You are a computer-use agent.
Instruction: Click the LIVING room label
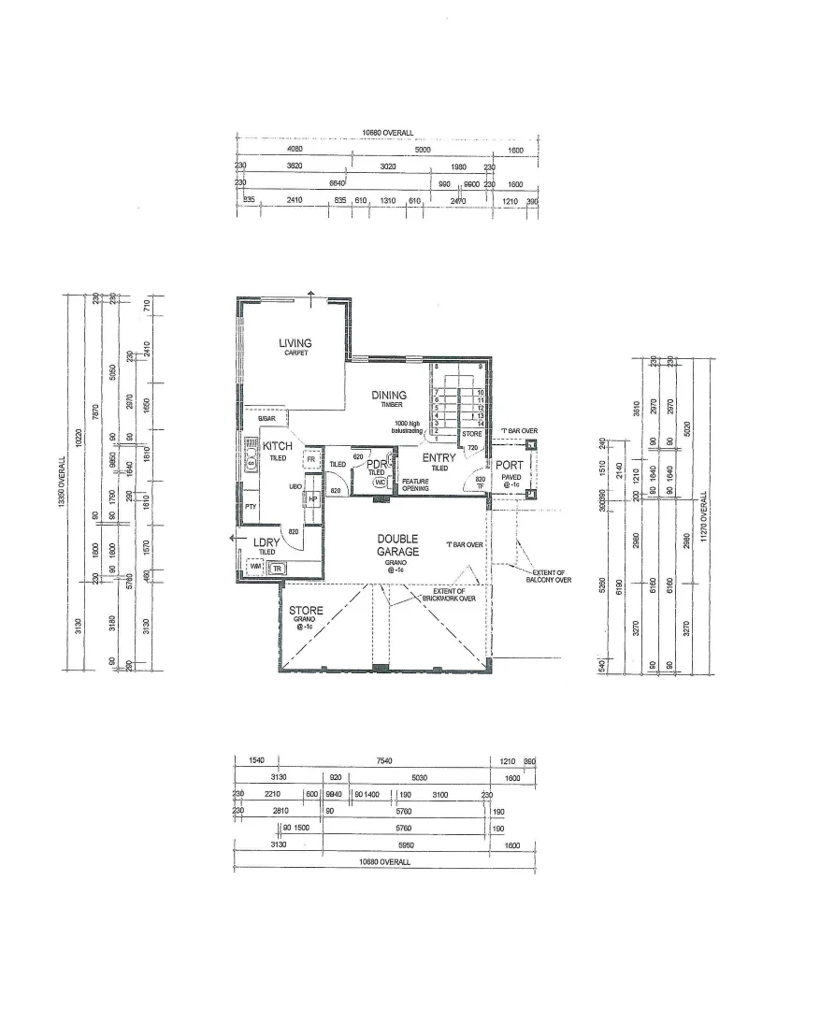[295, 344]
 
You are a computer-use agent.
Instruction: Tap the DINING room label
[389, 396]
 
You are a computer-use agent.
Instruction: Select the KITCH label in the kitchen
[277, 447]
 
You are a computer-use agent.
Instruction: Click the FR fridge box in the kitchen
[309, 460]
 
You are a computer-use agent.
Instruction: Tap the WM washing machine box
[254, 567]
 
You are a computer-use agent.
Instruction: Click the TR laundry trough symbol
[278, 568]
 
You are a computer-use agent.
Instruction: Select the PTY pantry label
[251, 507]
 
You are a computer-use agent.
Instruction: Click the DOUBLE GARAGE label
[397, 545]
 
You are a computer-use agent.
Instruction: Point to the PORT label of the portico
[510, 466]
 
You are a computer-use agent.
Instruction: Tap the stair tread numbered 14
[479, 425]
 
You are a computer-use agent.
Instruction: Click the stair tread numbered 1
[437, 439]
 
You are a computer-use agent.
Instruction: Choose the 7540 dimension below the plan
[383, 762]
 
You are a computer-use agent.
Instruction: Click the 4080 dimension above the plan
[295, 150]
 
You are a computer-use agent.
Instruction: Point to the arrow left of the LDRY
[232, 538]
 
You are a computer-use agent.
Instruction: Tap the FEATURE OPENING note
[415, 484]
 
